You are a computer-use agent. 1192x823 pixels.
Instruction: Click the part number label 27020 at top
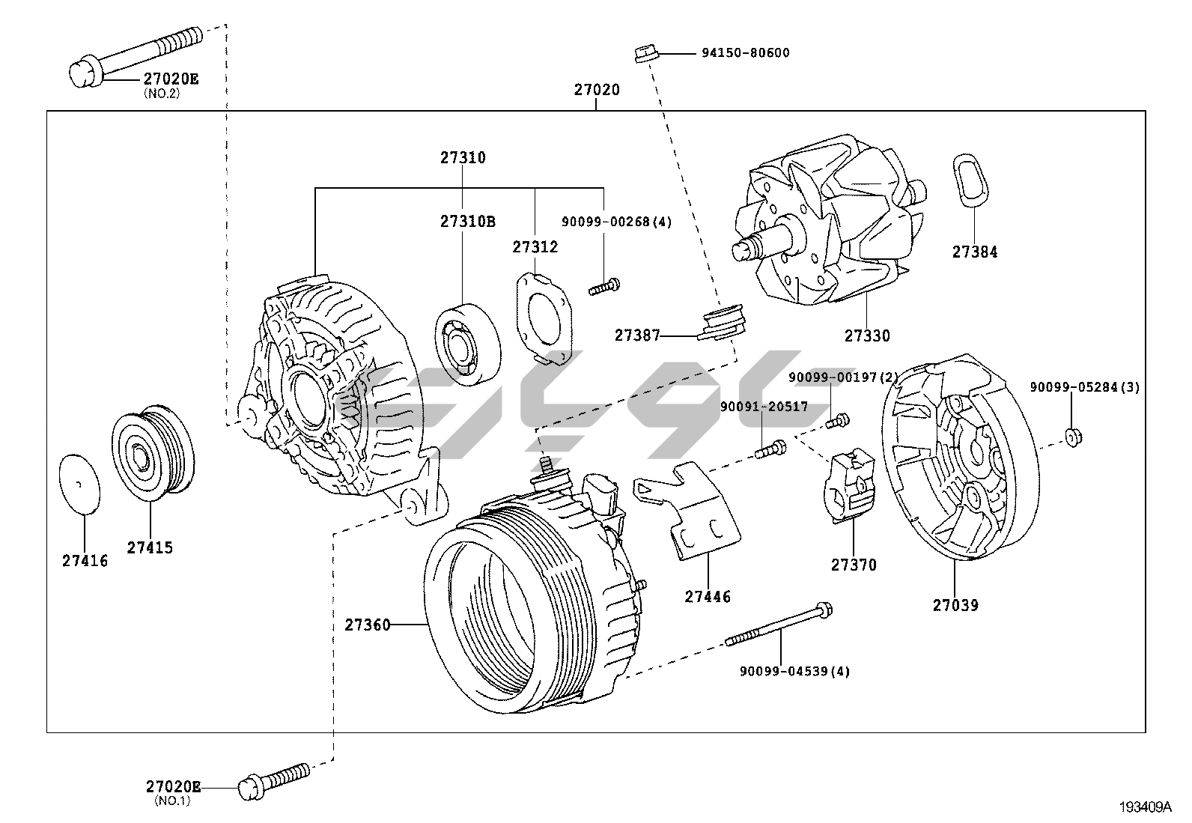tap(597, 90)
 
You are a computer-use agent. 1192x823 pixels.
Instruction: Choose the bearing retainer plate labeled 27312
tap(542, 318)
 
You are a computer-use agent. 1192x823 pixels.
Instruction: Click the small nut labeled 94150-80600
tap(645, 54)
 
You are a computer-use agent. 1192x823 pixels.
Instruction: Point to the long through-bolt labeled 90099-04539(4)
tap(779, 625)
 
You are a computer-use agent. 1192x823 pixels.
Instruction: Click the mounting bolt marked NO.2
tap(135, 55)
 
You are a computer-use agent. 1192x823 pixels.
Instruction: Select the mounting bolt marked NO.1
tap(273, 779)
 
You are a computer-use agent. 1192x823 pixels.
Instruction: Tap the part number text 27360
tap(368, 625)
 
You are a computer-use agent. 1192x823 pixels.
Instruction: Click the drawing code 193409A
tap(1145, 807)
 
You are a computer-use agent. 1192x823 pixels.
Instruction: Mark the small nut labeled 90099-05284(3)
tap(1071, 437)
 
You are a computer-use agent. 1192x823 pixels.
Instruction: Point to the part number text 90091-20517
tap(764, 407)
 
